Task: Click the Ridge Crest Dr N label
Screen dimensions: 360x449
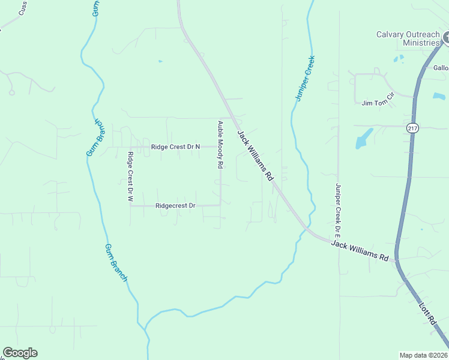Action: tap(175, 146)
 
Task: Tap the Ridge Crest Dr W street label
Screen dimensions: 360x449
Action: tap(130, 176)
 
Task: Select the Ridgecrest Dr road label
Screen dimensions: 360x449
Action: tap(175, 205)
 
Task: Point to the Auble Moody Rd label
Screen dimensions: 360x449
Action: tap(220, 144)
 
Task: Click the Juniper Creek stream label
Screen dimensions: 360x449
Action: tap(305, 78)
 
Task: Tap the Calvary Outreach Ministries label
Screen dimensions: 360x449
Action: tap(408, 38)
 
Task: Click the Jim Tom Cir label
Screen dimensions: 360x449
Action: tap(377, 103)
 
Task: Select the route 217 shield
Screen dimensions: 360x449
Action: tap(412, 128)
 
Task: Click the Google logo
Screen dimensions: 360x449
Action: tap(20, 353)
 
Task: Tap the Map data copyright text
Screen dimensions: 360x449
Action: tap(424, 355)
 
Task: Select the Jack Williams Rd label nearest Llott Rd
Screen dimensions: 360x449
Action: tap(360, 250)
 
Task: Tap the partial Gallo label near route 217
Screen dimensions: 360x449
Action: tap(441, 68)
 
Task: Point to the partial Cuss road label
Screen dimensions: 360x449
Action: tap(23, 8)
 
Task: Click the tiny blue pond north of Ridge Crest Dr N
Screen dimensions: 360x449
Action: tap(160, 61)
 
